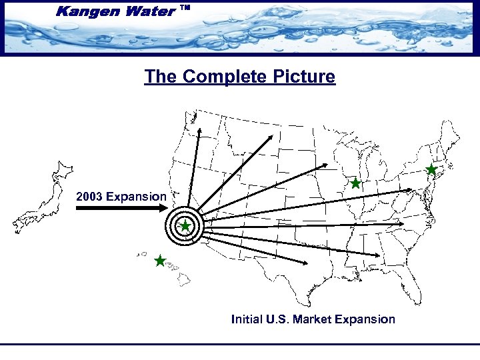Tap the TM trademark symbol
[186, 7]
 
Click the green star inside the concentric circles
[185, 227]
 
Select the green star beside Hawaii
[160, 261]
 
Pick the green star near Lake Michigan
[355, 183]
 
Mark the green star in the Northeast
[431, 169]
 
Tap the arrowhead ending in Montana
[271, 136]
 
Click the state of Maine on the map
[449, 137]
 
